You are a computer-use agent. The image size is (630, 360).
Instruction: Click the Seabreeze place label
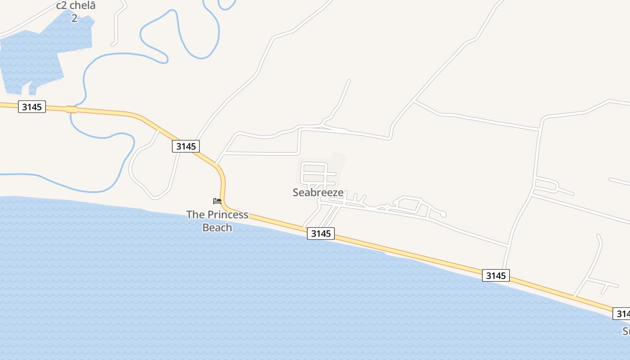[318, 193]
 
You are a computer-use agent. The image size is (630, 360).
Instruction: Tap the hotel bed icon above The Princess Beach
[217, 201]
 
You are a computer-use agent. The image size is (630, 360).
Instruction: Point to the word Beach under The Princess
[217, 227]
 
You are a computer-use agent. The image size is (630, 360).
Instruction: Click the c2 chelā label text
[76, 6]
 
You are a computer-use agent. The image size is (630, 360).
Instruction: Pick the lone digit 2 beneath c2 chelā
[74, 18]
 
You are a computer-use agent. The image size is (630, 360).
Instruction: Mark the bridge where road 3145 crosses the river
[71, 109]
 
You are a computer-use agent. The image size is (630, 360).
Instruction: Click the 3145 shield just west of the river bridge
[32, 107]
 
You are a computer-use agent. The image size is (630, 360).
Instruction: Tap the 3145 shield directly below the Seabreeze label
[321, 234]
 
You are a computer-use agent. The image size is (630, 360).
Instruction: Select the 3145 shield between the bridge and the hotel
[185, 146]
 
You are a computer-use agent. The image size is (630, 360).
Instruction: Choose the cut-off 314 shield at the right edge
[621, 314]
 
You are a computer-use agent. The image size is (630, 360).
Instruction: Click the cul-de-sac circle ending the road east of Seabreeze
[443, 215]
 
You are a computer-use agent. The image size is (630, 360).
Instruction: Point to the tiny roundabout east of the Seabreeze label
[387, 207]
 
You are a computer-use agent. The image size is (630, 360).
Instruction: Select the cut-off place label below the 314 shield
[626, 332]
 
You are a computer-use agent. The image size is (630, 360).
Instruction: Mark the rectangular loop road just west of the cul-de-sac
[408, 204]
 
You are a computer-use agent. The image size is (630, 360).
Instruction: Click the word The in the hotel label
[196, 215]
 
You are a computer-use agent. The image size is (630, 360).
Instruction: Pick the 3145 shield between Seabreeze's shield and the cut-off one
[495, 275]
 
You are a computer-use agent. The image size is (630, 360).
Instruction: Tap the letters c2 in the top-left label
[61, 6]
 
